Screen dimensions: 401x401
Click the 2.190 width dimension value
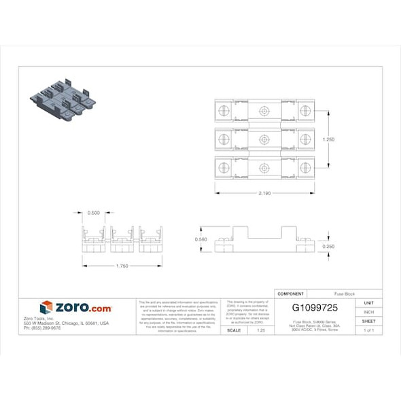pos(264,193)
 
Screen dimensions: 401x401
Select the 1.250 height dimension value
pos(329,139)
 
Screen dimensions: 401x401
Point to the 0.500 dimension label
pos(94,213)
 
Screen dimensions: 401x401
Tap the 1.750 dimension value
pos(122,265)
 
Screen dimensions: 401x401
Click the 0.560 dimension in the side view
pos(201,239)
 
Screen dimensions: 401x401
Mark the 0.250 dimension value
pos(328,246)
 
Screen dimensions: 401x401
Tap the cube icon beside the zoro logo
pos(46,308)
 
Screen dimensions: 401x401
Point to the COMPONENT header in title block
pos(291,293)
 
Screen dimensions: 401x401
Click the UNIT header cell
pos(368,302)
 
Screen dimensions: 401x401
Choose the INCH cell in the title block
pos(368,312)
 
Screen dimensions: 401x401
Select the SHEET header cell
pos(368,321)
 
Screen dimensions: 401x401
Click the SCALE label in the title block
pos(234,330)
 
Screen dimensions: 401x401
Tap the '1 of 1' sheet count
pos(368,330)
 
